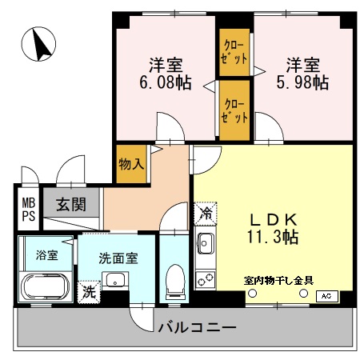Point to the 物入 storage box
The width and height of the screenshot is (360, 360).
click(131, 164)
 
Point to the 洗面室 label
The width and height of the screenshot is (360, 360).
click(118, 258)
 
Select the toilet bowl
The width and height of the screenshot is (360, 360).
click(174, 282)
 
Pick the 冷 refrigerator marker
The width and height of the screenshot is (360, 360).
click(206, 214)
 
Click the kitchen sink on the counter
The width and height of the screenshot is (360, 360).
click(204, 244)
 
